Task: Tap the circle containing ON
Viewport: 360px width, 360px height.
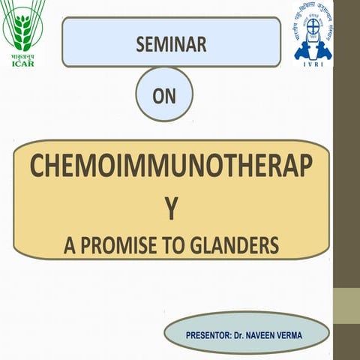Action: tap(164, 94)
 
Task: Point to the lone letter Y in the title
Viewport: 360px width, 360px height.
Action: tap(172, 209)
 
